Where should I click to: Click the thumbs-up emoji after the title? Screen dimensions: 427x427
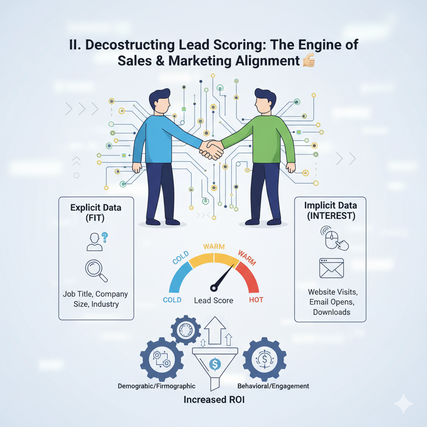point(308,61)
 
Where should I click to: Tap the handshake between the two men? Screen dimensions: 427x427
point(211,149)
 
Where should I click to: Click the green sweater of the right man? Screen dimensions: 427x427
point(267,138)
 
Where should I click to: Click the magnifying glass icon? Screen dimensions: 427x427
point(96,270)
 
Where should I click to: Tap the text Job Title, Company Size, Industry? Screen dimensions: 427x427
point(96,299)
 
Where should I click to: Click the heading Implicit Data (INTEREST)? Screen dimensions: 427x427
point(330,211)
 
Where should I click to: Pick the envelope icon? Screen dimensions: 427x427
point(332,268)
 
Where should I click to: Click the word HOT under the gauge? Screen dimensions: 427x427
point(256,300)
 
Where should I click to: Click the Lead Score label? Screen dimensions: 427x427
point(214,300)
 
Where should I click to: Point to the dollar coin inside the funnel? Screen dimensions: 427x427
point(215,364)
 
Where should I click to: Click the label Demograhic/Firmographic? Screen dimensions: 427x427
point(157,386)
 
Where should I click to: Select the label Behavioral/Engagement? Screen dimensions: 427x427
point(273,386)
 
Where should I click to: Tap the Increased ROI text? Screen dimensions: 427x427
point(214,400)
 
